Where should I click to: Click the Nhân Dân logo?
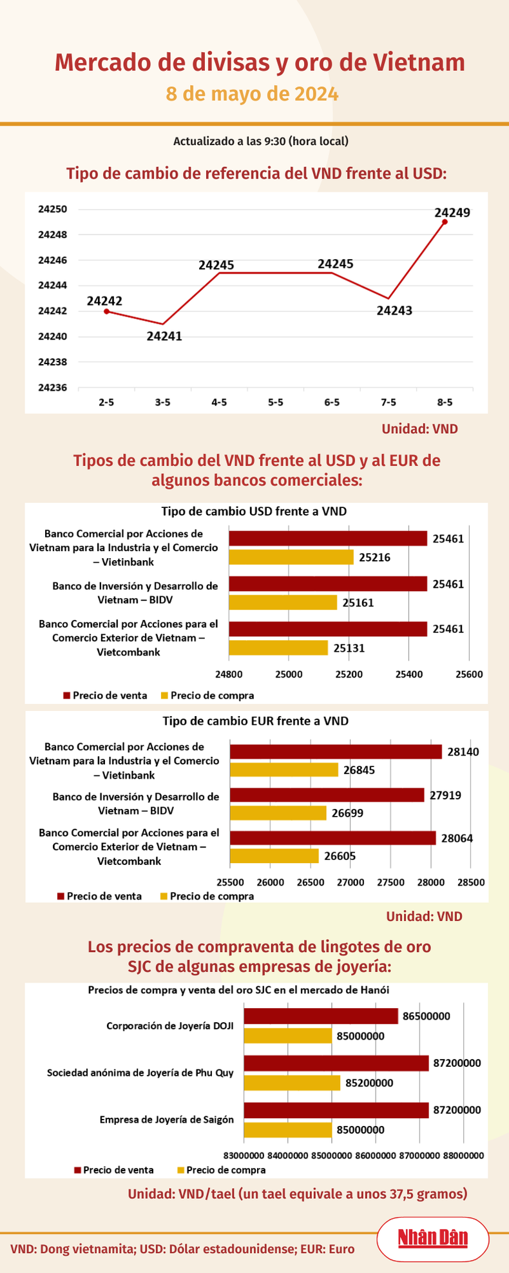pos(432,1238)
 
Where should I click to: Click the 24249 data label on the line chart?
pos(452,211)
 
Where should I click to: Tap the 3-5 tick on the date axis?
pos(162,402)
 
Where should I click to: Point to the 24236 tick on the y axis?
pos(52,387)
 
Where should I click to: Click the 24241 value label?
pos(164,336)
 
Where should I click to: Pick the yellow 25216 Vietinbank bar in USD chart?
pos(291,557)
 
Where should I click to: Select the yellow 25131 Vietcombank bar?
pos(278,647)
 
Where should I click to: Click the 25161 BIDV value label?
pos(358,603)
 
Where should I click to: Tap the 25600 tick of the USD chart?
pos(468,674)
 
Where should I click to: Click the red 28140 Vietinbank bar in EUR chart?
pos(336,752)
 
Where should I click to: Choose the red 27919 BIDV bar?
pos(327,795)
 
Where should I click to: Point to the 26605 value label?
pos(340,856)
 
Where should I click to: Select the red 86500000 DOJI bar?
pos(320,1016)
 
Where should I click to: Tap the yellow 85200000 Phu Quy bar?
pos(292,1083)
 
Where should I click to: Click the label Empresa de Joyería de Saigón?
pos(167,1120)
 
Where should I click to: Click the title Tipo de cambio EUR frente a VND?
pos(255,721)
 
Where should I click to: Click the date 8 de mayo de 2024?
pos(253,94)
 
